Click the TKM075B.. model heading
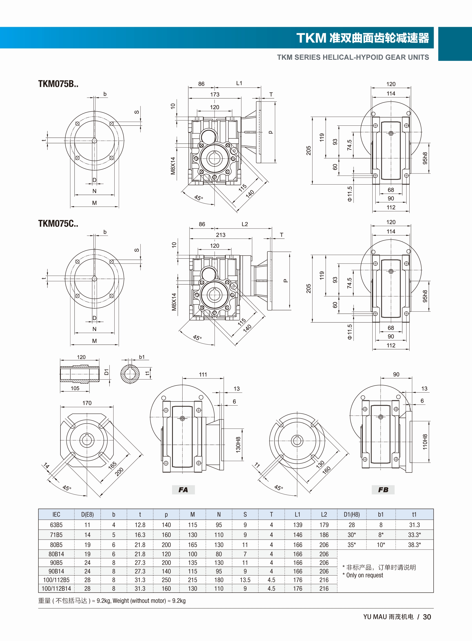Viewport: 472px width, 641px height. (x=58, y=84)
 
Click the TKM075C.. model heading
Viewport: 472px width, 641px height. (x=58, y=224)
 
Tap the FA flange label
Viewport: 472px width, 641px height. (x=183, y=490)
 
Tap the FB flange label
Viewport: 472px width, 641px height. (x=383, y=490)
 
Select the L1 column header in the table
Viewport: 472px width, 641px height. (x=297, y=514)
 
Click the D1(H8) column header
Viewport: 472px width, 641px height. (x=352, y=514)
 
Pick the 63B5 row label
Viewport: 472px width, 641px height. (x=56, y=525)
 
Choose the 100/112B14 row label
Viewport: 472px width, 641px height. (x=56, y=589)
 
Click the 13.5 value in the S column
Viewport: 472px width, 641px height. (x=245, y=580)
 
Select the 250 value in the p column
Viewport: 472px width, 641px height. (x=166, y=580)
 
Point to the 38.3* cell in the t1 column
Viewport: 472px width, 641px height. (x=414, y=545)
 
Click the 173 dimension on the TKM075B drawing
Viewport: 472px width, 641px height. (x=215, y=94)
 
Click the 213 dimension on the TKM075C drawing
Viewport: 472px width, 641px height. (x=221, y=235)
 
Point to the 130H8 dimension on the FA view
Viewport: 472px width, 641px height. (x=238, y=445)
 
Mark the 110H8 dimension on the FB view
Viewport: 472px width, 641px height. (x=425, y=442)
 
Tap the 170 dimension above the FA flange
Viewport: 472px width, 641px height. (x=87, y=403)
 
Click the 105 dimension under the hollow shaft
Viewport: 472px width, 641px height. (x=75, y=388)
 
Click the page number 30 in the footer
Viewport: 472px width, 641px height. (x=427, y=617)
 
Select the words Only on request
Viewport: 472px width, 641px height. (x=365, y=575)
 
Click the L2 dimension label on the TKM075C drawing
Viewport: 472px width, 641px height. (x=245, y=224)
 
